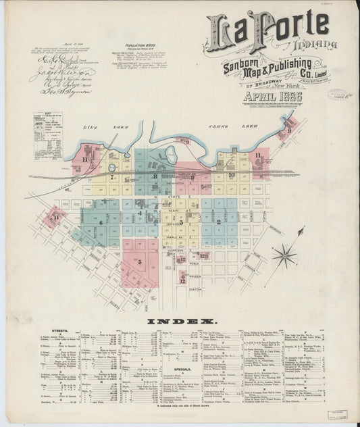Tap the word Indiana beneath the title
pos(305,45)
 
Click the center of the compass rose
pos(286,255)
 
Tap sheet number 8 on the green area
pos(155,176)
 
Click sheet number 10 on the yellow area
pos(230,175)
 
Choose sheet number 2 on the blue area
pos(219,222)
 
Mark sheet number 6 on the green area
pos(100,222)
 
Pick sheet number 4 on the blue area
pos(140,213)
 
